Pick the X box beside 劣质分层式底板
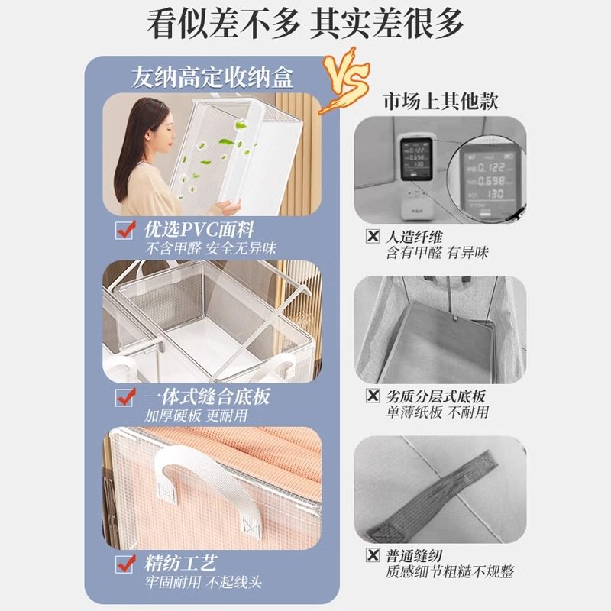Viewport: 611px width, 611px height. click(x=373, y=396)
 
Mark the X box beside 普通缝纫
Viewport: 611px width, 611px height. click(x=373, y=555)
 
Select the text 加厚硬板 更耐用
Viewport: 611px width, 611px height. click(x=197, y=416)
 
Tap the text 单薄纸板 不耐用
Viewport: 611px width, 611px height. click(x=436, y=412)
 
